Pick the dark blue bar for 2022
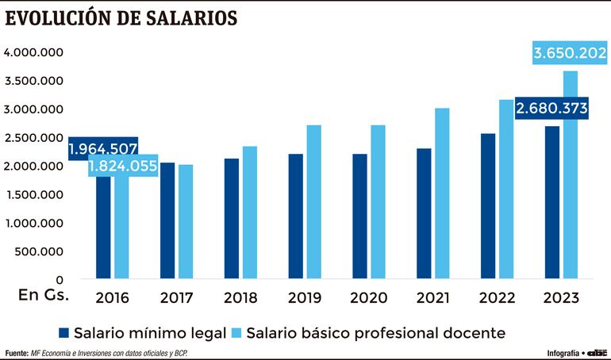click(488, 205)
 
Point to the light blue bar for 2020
click(377, 201)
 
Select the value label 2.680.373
click(552, 109)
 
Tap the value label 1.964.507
click(103, 148)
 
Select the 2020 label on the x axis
click(367, 298)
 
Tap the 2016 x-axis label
click(112, 298)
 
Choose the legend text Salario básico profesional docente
click(376, 331)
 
